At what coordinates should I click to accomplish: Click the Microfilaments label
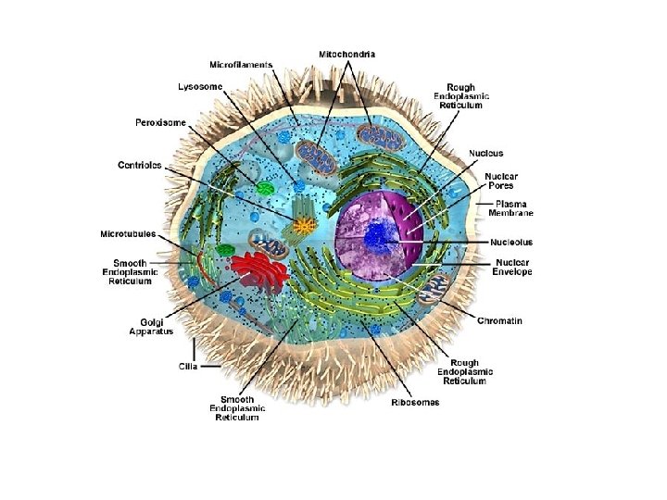pyautogui.click(x=241, y=65)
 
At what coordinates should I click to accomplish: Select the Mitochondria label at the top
pyautogui.click(x=347, y=55)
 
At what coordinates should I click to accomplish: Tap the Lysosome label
pyautogui.click(x=199, y=86)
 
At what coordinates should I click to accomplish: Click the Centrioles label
pyautogui.click(x=140, y=165)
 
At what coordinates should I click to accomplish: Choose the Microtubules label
pyautogui.click(x=128, y=233)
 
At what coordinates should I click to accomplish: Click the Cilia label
pyautogui.click(x=188, y=366)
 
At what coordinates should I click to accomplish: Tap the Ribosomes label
pyautogui.click(x=415, y=402)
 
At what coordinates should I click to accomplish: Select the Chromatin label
pyautogui.click(x=499, y=321)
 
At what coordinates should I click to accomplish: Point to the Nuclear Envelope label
pyautogui.click(x=511, y=268)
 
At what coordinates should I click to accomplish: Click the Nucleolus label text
pyautogui.click(x=511, y=243)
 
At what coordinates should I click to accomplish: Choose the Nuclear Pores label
pyautogui.click(x=502, y=181)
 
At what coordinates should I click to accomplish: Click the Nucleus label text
pyautogui.click(x=486, y=153)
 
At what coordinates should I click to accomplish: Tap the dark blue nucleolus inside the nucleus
pyautogui.click(x=376, y=235)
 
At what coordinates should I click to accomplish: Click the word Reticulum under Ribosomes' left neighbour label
pyautogui.click(x=237, y=418)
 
